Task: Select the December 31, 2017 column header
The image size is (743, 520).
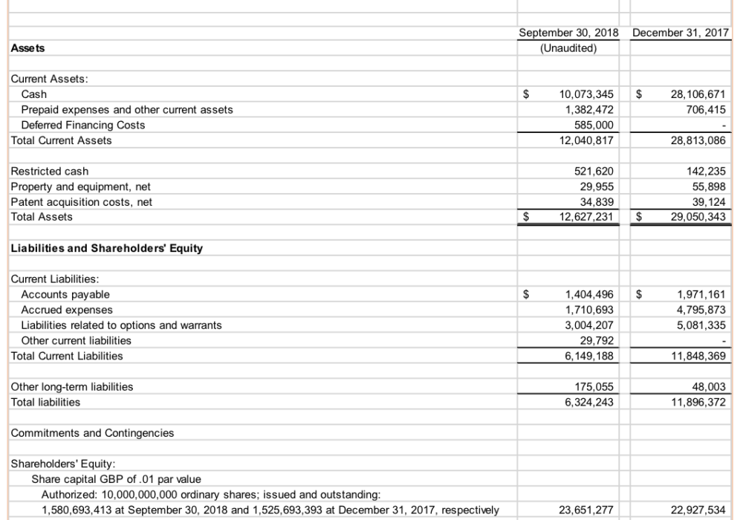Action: coord(681,33)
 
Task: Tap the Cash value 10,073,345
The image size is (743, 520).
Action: coord(585,94)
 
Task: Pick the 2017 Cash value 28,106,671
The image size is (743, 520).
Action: coord(695,94)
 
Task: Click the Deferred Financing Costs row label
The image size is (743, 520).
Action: coord(82,125)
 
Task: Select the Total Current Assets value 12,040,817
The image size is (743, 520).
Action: coord(585,140)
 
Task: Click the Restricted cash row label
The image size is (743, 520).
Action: coord(49,172)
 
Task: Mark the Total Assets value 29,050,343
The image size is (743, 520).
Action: coord(695,217)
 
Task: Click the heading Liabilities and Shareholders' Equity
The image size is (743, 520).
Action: coord(106,248)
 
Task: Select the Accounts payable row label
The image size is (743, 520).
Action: coord(65,294)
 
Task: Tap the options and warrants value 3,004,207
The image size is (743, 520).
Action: coord(588,325)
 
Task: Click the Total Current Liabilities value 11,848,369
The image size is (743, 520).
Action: coord(695,356)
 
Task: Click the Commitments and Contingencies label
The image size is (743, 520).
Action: coord(92,432)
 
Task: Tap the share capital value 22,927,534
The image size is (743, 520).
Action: coord(695,509)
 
